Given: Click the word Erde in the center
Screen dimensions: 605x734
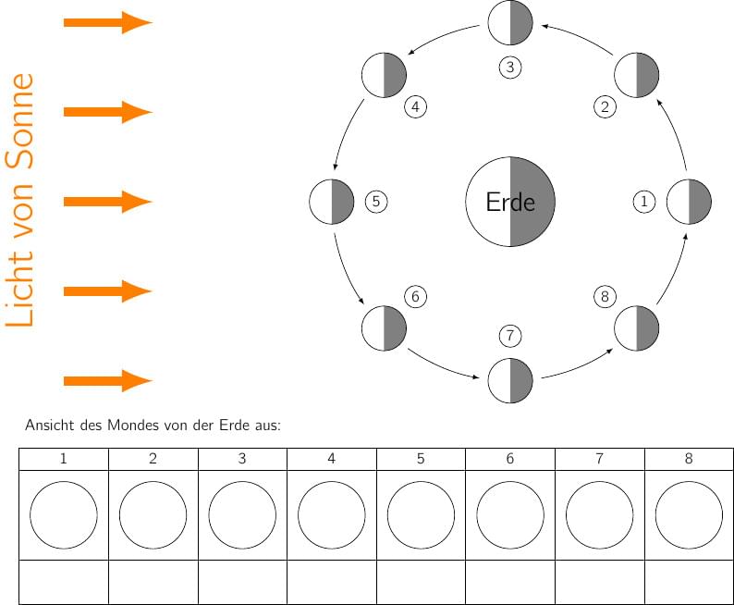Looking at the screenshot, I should (x=510, y=202).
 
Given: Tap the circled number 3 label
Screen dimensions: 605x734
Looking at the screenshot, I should (x=509, y=68).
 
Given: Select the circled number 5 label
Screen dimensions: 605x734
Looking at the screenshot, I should (x=376, y=201).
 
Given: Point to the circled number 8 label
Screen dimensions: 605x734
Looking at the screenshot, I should (x=605, y=296).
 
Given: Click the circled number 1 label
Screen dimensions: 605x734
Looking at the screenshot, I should (x=644, y=201).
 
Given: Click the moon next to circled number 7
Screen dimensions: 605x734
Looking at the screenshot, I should (x=510, y=379).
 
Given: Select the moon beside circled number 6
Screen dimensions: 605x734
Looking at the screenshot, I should (x=385, y=328).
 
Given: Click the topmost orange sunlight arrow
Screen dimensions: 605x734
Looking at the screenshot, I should (x=107, y=23).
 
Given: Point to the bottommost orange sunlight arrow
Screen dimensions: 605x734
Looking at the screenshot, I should (x=107, y=380).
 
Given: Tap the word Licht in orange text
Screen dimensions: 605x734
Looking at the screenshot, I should (x=19, y=283).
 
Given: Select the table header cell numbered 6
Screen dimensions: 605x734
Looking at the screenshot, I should (x=510, y=459).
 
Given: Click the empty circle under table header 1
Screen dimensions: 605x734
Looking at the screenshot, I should (x=64, y=514).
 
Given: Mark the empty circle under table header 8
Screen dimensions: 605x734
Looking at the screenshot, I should (x=689, y=514).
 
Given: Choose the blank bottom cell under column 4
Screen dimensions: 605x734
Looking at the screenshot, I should (x=332, y=582).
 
